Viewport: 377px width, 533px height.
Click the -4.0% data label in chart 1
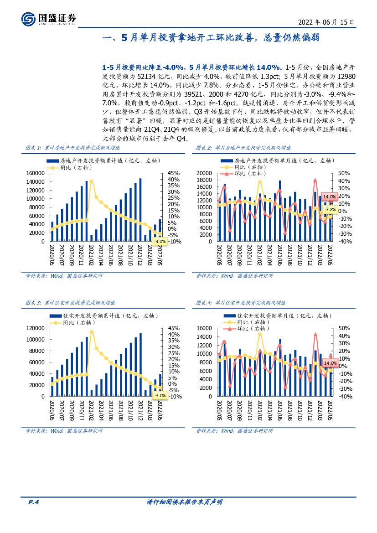tap(160, 241)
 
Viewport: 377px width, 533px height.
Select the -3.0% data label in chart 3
tap(160, 395)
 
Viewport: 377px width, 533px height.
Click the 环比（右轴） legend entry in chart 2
tap(248, 174)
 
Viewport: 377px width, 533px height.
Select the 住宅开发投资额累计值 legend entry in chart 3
tap(96, 316)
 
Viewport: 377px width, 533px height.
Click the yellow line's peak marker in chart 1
tap(92, 181)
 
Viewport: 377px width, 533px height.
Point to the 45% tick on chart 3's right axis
tap(174, 328)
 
